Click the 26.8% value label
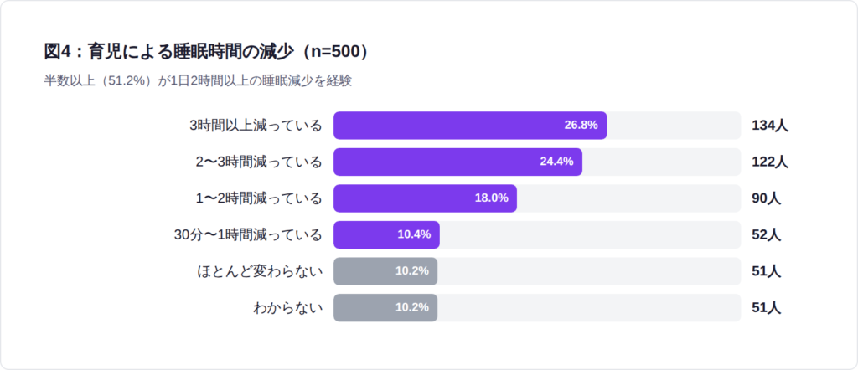pos(581,126)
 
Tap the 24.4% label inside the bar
pos(556,162)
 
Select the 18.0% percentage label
pos(491,198)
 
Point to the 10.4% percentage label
pos(414,234)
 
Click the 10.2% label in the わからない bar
pos(411,307)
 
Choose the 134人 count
pos(770,126)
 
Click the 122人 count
pos(770,162)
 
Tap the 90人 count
pos(767,198)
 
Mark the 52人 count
pos(767,234)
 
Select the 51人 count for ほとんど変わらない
pos(767,271)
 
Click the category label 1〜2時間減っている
pos(259,198)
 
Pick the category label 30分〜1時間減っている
pos(248,234)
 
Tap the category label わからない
pos(287,307)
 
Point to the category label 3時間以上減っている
pos(256,126)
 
